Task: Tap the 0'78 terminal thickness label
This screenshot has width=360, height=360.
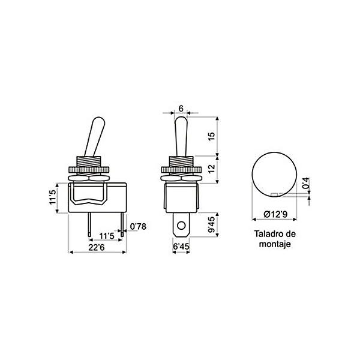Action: pos(138,226)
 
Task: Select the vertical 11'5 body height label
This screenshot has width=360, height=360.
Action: pos(53,197)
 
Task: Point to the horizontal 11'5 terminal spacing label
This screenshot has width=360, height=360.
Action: pos(107,236)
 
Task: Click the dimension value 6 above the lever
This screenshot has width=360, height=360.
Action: pos(181,109)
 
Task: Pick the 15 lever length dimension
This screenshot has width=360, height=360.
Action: pos(212,136)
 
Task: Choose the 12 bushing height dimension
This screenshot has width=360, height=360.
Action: pos(212,169)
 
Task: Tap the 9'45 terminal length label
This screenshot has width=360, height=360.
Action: pos(212,224)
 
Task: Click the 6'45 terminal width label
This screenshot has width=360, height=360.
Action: pos(181,247)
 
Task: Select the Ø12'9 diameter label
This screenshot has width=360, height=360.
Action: pos(275,214)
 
